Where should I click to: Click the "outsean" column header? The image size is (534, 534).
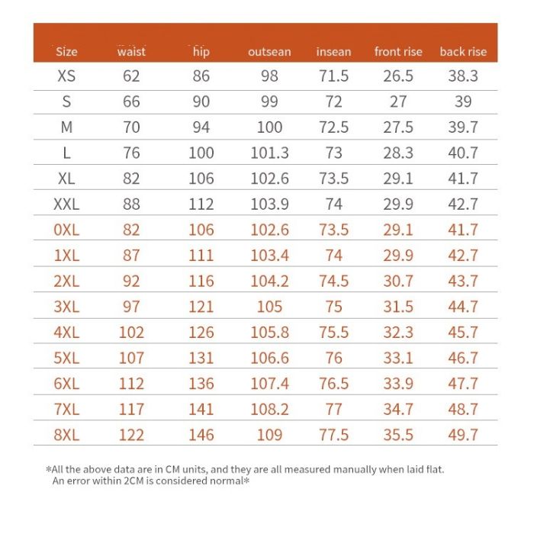click(269, 52)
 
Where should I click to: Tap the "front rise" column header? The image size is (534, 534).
click(397, 52)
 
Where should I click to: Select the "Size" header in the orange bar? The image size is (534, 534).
click(67, 52)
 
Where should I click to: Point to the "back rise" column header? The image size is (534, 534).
click(463, 52)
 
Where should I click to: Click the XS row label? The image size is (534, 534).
click(67, 76)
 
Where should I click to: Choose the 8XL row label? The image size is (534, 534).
click(67, 435)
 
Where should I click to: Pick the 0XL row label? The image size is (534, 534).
click(67, 230)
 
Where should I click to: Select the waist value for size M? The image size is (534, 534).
click(131, 127)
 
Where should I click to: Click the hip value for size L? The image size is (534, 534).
click(201, 153)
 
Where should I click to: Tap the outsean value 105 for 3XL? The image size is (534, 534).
click(269, 307)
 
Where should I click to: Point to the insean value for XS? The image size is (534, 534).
click(333, 76)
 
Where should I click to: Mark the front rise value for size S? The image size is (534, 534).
click(397, 101)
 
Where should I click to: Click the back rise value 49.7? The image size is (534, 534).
click(463, 435)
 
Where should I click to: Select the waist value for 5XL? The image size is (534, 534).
click(131, 358)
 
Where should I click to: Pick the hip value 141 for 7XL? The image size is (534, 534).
click(201, 409)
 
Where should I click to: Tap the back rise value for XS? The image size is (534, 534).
click(463, 76)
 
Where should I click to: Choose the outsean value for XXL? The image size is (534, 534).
click(269, 204)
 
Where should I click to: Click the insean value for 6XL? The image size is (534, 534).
click(333, 384)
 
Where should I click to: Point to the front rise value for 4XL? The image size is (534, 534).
click(397, 333)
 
